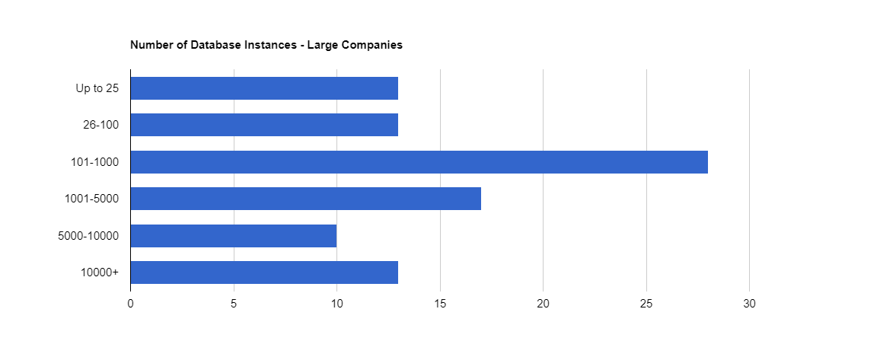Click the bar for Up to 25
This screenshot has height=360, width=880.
[x=264, y=88]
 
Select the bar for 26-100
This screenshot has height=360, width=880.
[x=264, y=125]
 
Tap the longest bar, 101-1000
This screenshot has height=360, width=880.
[x=419, y=162]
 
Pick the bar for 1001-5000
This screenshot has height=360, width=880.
[x=305, y=199]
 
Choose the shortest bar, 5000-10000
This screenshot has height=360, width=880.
[x=233, y=236]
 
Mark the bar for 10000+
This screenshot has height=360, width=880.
[x=264, y=272]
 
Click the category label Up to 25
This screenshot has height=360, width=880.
[x=97, y=88]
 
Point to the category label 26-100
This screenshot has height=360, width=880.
[x=100, y=125]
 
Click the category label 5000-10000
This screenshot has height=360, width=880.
[x=88, y=236]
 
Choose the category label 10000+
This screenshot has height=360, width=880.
[x=100, y=272]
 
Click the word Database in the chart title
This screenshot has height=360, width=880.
[x=218, y=45]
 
